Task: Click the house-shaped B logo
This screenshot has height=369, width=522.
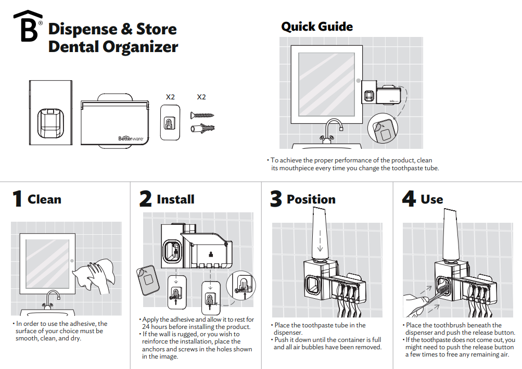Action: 28,26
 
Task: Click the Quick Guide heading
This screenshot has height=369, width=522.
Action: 317,27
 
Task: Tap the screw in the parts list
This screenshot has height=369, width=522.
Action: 202,116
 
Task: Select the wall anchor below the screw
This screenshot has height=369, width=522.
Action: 202,128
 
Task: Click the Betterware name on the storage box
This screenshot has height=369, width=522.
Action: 131,138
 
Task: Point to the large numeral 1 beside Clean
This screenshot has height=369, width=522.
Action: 17,198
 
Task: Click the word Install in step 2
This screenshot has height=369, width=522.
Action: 175,199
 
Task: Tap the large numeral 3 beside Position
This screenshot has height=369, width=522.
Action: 276,199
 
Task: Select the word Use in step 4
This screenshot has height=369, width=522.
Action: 432,199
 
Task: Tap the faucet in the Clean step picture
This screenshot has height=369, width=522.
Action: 52,299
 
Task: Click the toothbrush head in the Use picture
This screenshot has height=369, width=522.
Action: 442,285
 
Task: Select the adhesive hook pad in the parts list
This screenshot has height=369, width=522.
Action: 170,122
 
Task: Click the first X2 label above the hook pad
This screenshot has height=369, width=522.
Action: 170,97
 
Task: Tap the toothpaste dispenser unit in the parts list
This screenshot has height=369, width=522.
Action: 50,112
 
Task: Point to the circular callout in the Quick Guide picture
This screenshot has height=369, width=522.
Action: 383,128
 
